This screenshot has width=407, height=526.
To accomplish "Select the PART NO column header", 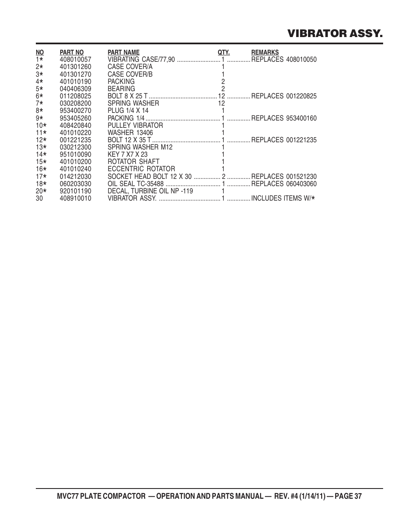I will point(72,52).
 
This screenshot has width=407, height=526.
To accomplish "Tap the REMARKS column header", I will point(265,52).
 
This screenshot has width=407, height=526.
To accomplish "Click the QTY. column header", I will point(224,52).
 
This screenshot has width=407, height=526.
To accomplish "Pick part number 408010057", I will point(76,60).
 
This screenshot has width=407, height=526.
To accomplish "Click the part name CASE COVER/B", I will point(130,74).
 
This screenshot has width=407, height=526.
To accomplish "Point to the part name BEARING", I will point(121,89).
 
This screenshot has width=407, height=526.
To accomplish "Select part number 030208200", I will point(76,103).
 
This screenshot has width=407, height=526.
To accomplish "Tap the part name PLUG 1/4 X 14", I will point(128,111).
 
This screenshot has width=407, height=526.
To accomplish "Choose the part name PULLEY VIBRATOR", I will point(135,125).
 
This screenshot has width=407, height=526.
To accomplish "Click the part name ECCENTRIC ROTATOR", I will point(141,169).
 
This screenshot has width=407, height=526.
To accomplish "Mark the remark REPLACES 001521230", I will point(284,176).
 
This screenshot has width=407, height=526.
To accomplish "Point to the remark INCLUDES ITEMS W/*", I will point(283,198).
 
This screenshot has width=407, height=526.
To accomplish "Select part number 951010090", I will point(76,155).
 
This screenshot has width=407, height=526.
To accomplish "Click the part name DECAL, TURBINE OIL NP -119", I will point(150,191).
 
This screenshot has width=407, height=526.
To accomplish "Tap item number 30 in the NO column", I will point(39,198).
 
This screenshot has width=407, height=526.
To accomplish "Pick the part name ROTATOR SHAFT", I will point(134,162).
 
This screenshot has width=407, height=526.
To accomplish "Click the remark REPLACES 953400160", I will point(284,118).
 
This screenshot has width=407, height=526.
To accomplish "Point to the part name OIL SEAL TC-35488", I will point(136,184).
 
